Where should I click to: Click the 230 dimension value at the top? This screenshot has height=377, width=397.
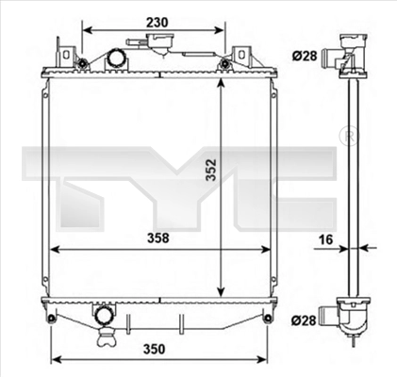tap(157, 23)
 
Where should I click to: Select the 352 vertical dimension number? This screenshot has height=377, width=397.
tap(211, 170)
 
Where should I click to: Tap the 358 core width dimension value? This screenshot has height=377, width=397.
tap(158, 238)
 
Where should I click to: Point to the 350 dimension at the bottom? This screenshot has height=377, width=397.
tap(154, 349)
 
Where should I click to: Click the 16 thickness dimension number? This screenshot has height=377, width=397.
tap(325, 239)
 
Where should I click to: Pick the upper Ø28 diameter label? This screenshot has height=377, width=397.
tap(305, 56)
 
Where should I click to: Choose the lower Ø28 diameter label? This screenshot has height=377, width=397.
tap(304, 320)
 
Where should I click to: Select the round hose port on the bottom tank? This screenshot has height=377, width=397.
tap(103, 316)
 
